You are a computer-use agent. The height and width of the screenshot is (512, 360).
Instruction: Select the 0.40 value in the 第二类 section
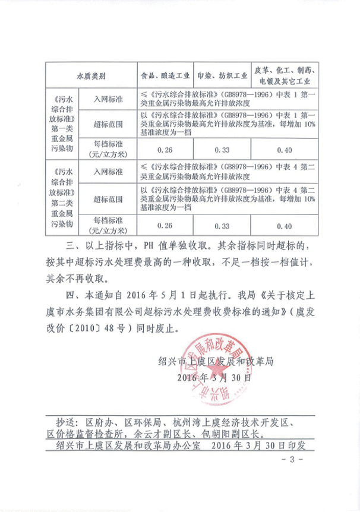[285, 226]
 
